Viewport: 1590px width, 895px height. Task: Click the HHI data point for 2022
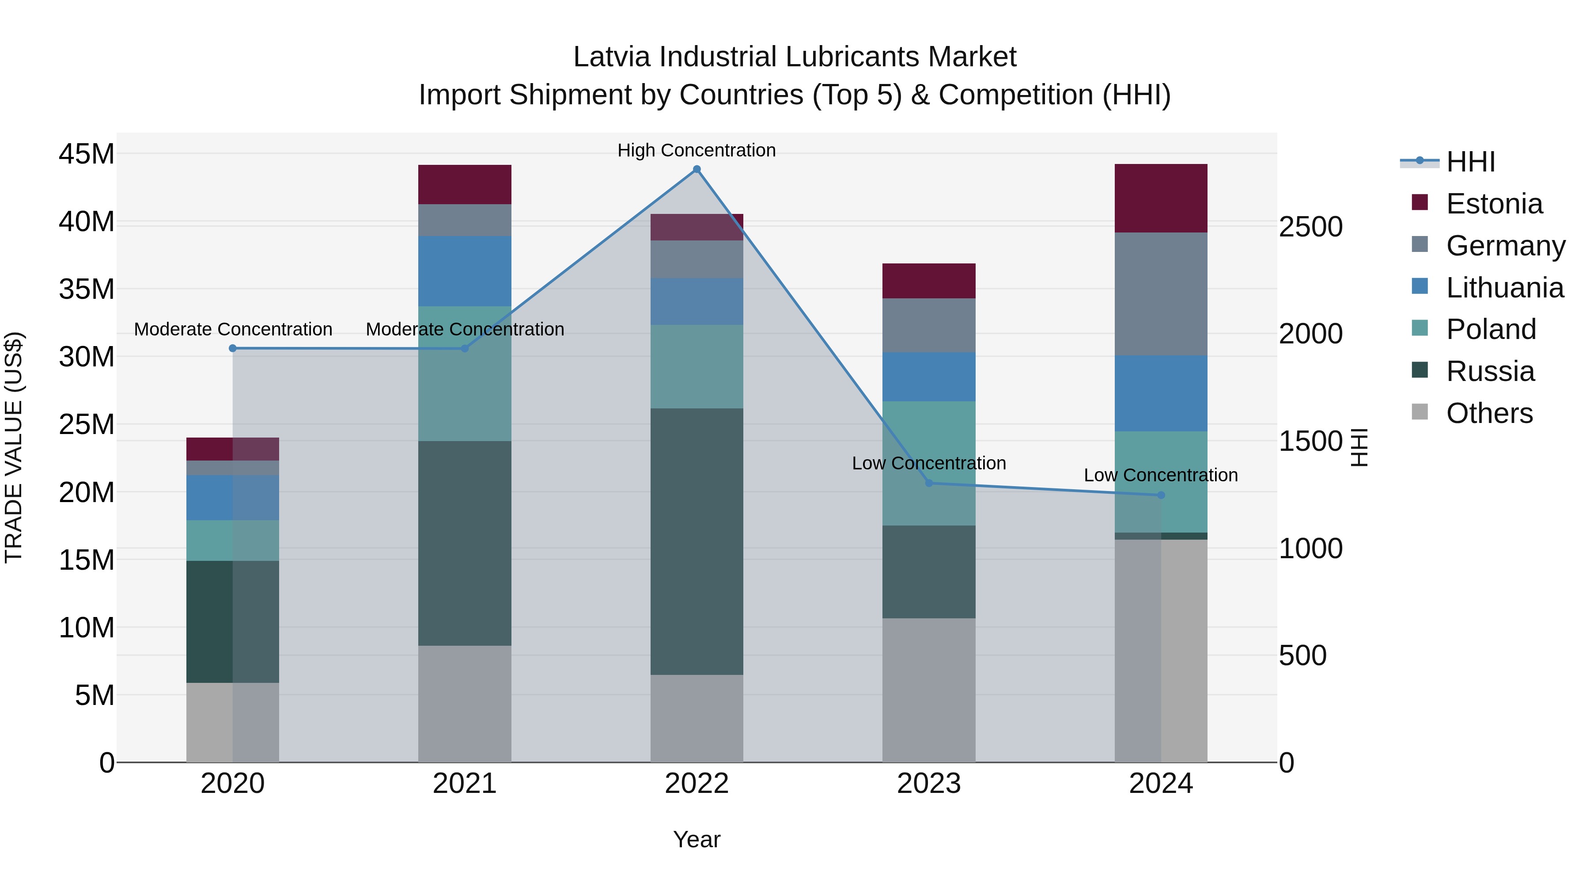[x=697, y=169]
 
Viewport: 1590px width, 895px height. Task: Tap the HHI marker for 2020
[x=233, y=348]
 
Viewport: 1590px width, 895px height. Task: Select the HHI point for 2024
[x=1161, y=495]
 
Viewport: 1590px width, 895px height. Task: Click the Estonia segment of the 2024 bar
[x=1161, y=198]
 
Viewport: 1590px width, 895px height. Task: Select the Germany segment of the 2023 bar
[x=929, y=325]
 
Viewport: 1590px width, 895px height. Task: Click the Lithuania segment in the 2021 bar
[x=465, y=271]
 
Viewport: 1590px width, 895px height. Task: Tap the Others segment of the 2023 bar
[x=929, y=690]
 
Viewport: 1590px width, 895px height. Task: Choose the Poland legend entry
[x=1491, y=329]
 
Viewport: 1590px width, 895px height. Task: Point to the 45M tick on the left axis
[x=87, y=154]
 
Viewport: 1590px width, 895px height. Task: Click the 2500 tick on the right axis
[x=1310, y=227]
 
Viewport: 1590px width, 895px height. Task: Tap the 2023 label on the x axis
[x=929, y=784]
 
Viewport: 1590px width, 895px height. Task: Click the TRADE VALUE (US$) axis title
[x=14, y=447]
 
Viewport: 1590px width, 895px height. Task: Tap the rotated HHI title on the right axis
[x=1359, y=447]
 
